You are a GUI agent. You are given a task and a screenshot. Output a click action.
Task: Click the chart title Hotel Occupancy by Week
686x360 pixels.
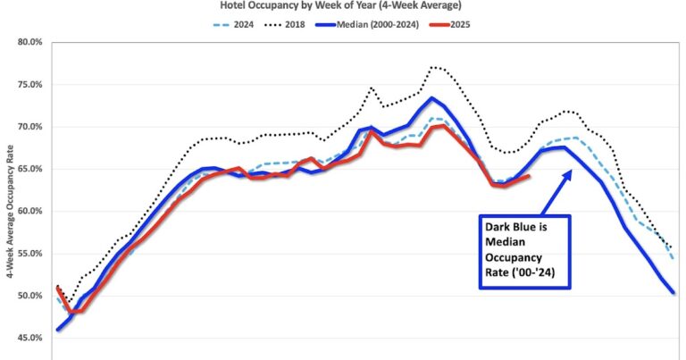(342, 4)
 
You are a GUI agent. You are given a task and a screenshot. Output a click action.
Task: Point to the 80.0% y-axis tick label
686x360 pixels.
(30, 42)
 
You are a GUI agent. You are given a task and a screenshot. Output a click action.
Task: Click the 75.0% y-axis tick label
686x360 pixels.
(30, 85)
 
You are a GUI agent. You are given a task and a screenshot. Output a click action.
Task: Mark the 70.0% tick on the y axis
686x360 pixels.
(30, 127)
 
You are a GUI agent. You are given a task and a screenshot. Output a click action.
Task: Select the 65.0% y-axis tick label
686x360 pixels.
(30, 169)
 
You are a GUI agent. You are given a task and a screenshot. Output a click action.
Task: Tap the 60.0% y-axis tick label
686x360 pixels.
(30, 212)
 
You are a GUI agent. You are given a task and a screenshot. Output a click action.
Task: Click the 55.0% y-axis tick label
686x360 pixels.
(30, 254)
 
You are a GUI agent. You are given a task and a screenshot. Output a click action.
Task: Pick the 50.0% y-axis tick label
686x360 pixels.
(30, 296)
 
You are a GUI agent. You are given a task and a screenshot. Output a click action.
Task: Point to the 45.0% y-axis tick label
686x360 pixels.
(30, 338)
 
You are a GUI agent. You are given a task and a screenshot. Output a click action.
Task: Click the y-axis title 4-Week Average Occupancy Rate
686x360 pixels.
(8, 189)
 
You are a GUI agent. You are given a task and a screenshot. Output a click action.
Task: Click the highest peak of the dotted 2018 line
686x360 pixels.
(433, 66)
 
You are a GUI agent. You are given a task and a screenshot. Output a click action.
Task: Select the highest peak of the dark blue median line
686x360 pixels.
(431, 98)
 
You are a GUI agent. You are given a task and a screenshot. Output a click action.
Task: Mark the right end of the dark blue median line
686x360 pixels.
(673, 293)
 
